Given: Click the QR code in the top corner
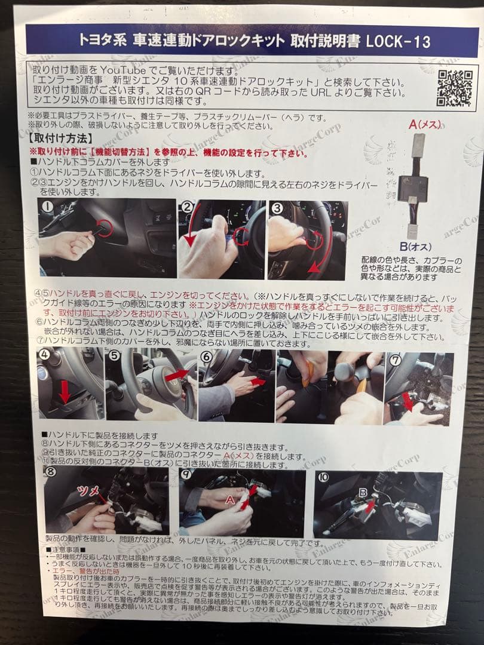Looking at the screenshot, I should pos(454,87).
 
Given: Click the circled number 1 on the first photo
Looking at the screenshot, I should pos(47,209).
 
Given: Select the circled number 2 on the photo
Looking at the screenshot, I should pos(187,208).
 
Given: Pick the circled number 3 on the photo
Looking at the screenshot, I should pos(277,208).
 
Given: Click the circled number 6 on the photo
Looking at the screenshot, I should pos(206,357).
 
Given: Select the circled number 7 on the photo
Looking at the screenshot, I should pos(395,360).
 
